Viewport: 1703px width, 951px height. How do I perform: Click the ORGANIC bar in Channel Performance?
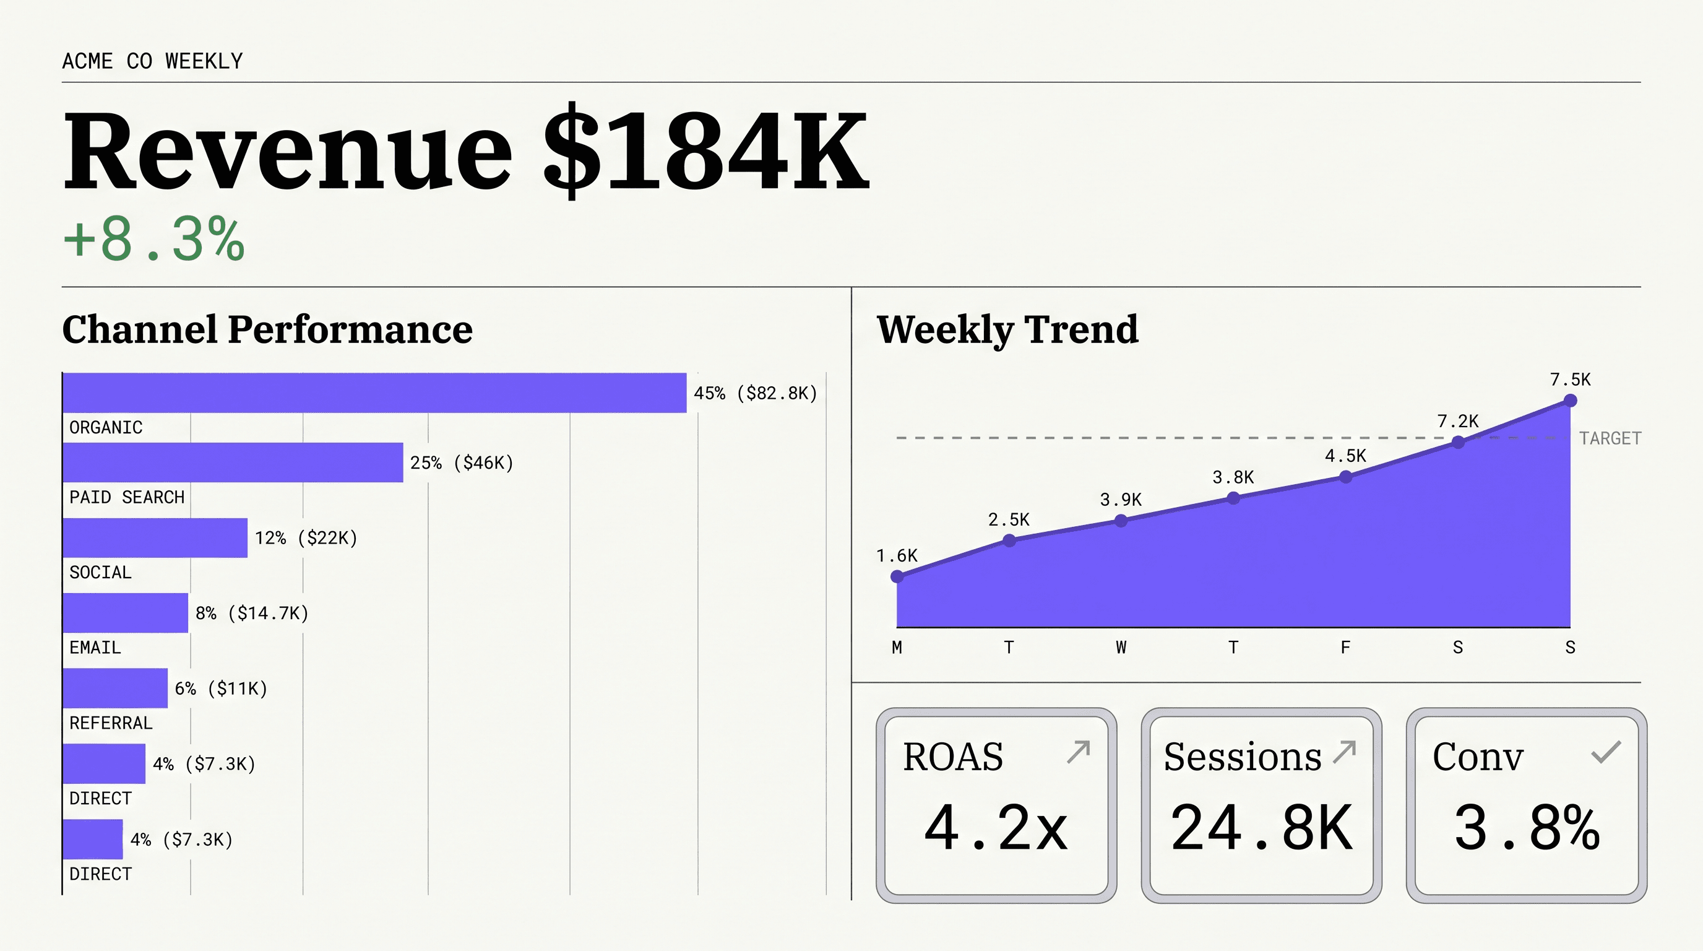374,393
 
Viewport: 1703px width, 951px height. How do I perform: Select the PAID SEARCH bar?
233,462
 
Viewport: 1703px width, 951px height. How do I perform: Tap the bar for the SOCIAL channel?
155,537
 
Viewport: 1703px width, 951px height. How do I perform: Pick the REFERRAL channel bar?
115,688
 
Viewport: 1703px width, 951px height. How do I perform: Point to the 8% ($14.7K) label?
252,613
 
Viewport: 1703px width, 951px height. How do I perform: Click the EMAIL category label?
95,648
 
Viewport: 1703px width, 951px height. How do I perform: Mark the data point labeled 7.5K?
1570,401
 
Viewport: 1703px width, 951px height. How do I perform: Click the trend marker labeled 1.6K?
897,576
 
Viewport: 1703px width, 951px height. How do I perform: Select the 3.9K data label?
1121,500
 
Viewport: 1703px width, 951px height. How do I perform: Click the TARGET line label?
1610,438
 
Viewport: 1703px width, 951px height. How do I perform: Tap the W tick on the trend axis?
1121,648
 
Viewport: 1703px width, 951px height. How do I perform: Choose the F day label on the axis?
1345,648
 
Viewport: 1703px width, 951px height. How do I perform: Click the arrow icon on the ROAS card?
1078,752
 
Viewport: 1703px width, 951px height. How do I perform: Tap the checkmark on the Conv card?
1606,752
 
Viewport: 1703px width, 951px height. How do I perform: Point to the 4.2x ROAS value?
996,827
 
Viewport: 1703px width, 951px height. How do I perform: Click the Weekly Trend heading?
1007,329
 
